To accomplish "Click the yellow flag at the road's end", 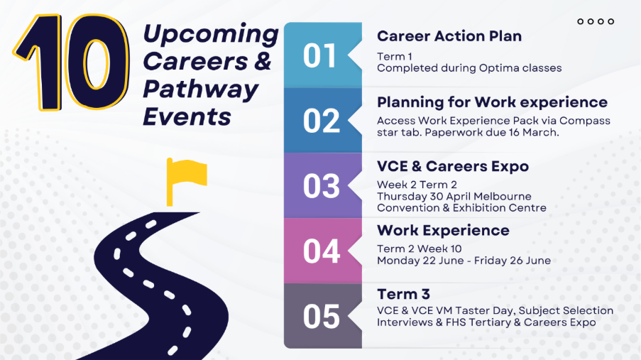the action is (x=186, y=181).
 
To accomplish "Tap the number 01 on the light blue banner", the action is (x=319, y=56).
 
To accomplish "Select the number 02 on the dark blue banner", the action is (x=322, y=121).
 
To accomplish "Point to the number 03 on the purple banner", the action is (x=322, y=186).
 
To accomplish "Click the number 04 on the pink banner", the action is (x=322, y=251).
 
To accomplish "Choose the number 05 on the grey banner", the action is (x=322, y=317).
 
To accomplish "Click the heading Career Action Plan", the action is (x=449, y=36).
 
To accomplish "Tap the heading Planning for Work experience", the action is (x=492, y=102).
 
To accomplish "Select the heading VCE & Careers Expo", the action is (x=453, y=166).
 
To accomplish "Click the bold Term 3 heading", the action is (x=403, y=294).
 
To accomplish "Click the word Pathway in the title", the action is (x=201, y=90).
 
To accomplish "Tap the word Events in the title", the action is (x=187, y=116).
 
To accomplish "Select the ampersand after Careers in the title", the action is (x=263, y=61).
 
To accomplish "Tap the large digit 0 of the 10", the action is (x=97, y=62).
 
